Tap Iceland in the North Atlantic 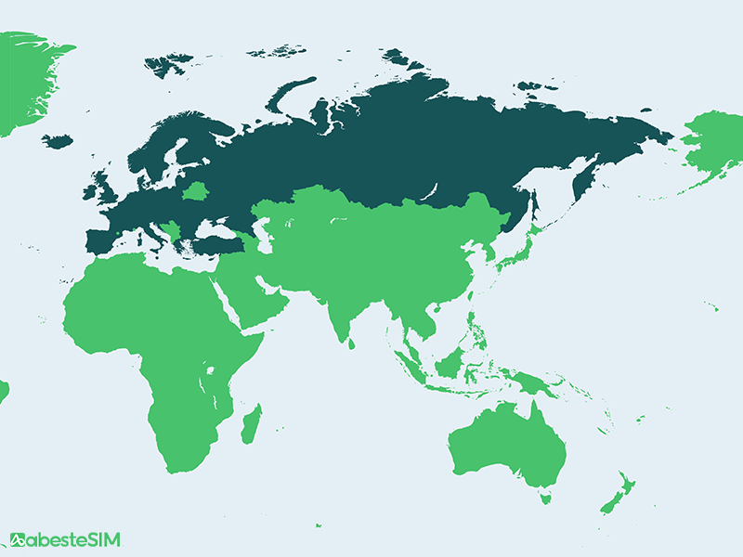point(58,141)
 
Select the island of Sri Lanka point(351,342)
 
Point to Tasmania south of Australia point(546,499)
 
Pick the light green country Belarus point(197,192)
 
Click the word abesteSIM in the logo point(74,539)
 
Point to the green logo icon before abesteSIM point(18,539)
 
